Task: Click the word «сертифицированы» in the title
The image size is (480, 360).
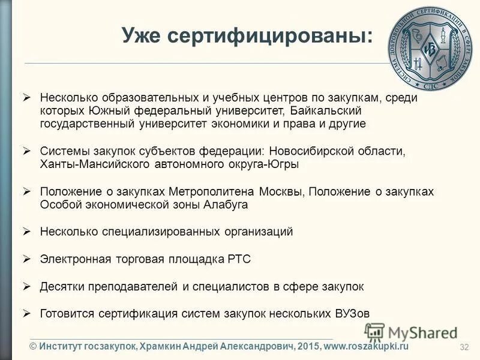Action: [x=266, y=35]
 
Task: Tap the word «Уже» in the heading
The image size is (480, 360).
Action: [x=141, y=35]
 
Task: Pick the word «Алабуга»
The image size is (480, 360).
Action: [x=227, y=205]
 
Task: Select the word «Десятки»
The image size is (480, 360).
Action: [x=59, y=287]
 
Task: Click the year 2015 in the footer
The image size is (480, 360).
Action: [x=308, y=347]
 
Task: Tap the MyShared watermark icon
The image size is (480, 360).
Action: [x=374, y=332]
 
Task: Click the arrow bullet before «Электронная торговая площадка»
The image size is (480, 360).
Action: [x=26, y=259]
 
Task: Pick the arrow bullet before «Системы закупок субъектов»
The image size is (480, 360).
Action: [x=26, y=151]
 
